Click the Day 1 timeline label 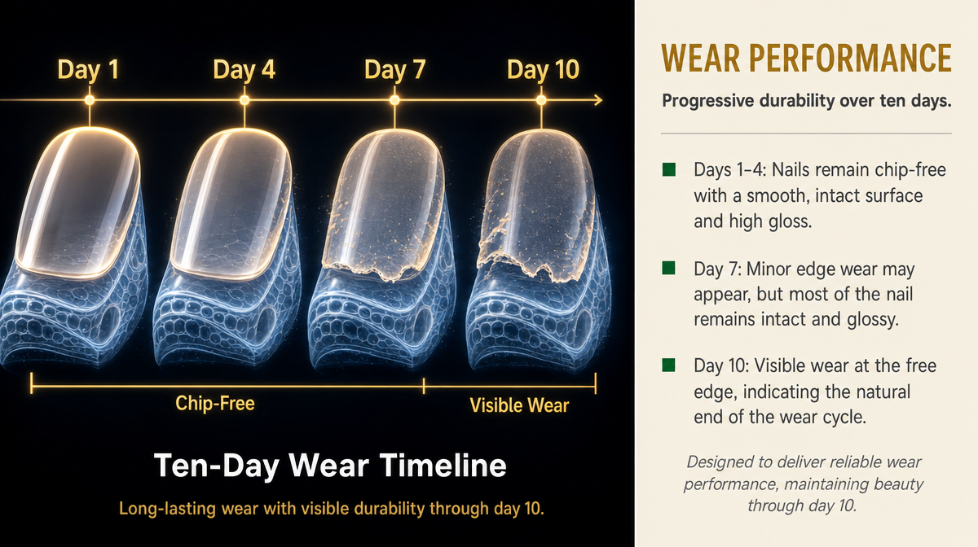[88, 70]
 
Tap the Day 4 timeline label [244, 70]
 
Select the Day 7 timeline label [394, 70]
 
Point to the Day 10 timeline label [543, 70]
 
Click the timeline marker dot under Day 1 [90, 100]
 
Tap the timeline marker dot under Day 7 [394, 100]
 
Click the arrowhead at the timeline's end [598, 100]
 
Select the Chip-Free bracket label [215, 404]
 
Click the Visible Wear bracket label [519, 405]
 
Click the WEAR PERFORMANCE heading [806, 58]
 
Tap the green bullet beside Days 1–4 [669, 169]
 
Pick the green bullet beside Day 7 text [669, 269]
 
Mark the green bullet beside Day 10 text [669, 365]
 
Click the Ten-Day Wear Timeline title [330, 466]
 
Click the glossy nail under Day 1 [78, 203]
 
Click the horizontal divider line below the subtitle [806, 133]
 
